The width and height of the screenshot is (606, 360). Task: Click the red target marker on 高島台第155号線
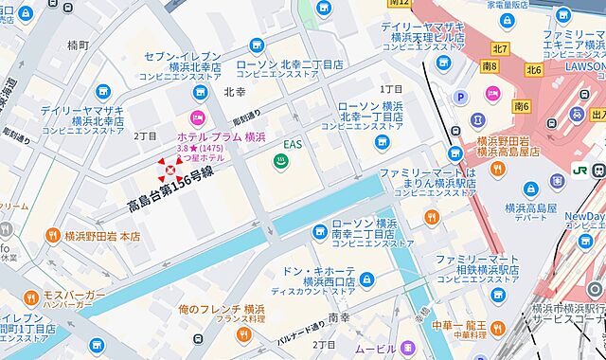coord(171,170)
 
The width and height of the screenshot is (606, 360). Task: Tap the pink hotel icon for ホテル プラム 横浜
coord(198,118)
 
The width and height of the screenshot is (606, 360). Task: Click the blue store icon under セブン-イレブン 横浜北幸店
coord(199,91)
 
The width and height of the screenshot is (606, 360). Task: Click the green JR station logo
coord(579,169)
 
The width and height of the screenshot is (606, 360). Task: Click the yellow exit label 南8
coord(490,67)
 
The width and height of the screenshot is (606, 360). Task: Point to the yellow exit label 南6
coord(521,106)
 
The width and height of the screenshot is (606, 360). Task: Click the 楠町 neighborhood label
coord(79,45)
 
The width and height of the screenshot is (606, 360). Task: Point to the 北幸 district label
coord(235,93)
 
